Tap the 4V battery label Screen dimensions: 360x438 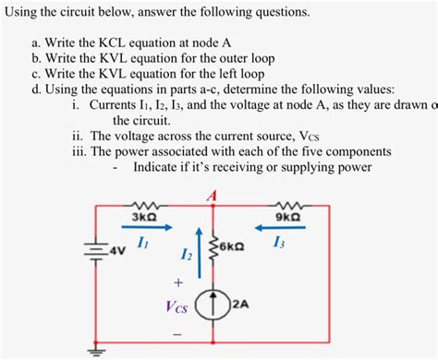pos(116,250)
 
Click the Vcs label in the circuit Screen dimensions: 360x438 pos(177,306)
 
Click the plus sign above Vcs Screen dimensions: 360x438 pos(177,282)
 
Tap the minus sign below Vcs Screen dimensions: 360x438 pos(177,331)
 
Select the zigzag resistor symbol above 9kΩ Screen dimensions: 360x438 pos(286,206)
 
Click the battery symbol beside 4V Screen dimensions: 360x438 pos(93,248)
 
